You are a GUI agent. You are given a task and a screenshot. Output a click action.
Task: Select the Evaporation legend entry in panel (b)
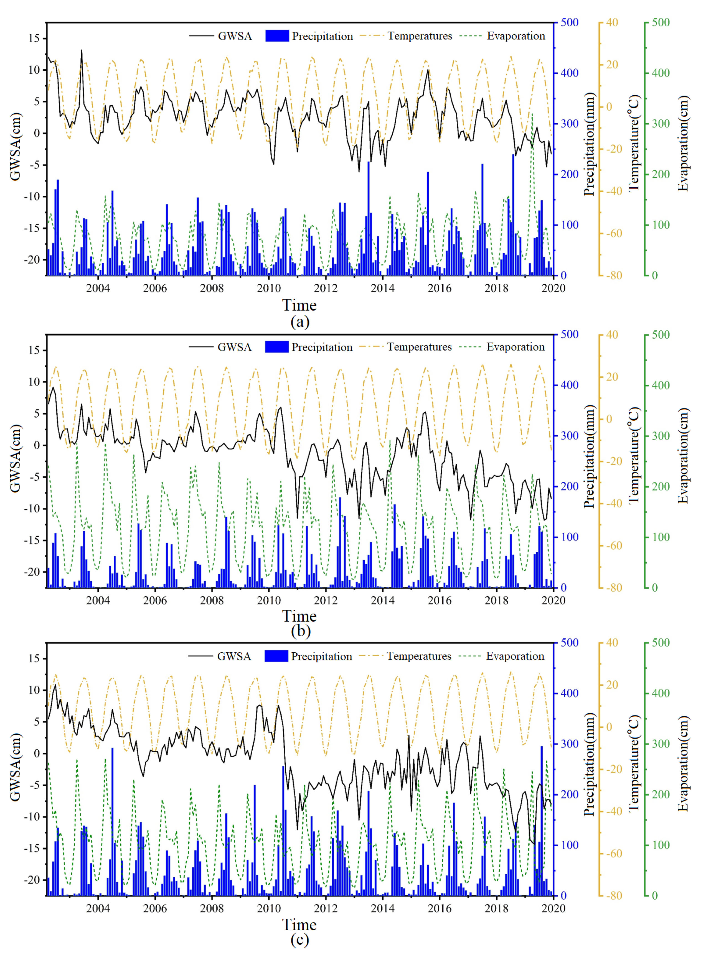(x=515, y=347)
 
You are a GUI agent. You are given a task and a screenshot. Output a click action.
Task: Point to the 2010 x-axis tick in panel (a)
(x=268, y=288)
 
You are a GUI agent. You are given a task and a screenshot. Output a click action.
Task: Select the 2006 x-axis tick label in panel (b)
(x=155, y=600)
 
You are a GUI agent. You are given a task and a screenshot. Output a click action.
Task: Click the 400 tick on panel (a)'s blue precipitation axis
(x=569, y=73)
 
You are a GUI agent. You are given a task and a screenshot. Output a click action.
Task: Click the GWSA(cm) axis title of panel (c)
(x=15, y=767)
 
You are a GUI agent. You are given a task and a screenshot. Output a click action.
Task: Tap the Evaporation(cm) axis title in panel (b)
(x=683, y=455)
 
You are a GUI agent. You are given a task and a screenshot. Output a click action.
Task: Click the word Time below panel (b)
(x=299, y=616)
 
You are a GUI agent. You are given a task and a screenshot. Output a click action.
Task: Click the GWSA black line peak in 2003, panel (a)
(x=82, y=50)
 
